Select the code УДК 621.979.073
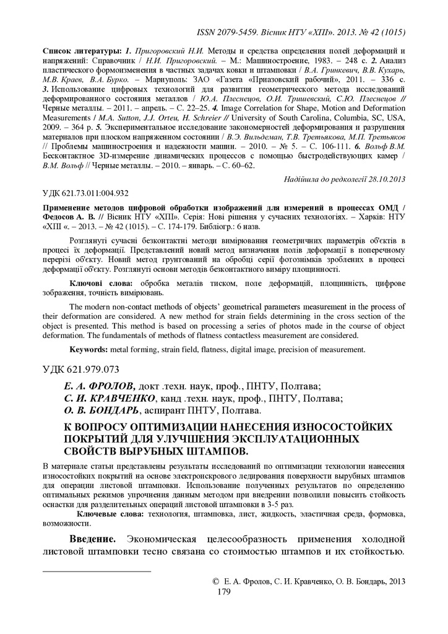coord(80,370)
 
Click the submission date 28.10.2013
coord(383,180)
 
